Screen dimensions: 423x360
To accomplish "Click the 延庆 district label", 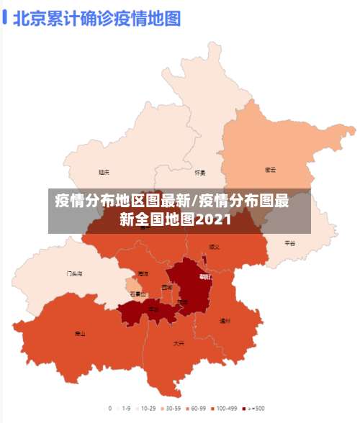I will [x=104, y=172].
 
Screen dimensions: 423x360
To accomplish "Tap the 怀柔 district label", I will [x=200, y=173].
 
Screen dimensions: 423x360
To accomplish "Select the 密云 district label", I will [x=271, y=170].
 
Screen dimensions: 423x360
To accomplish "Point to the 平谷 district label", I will [x=289, y=243].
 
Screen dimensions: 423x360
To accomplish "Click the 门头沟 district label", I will [x=74, y=274].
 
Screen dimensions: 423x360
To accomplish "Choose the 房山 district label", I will [x=80, y=334].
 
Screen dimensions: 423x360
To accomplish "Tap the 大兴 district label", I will [x=178, y=343].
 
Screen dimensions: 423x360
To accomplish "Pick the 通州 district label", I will [x=225, y=321].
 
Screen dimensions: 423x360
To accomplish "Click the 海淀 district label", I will [x=143, y=274].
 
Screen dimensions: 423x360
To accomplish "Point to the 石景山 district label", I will [x=138, y=294].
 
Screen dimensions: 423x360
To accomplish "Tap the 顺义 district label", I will [x=214, y=246].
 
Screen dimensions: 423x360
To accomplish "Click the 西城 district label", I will [x=167, y=287].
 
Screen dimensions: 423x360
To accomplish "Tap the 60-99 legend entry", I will [x=197, y=408].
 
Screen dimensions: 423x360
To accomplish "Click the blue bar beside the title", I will [x=5, y=17].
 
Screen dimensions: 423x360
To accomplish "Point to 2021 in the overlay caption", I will [x=213, y=219].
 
